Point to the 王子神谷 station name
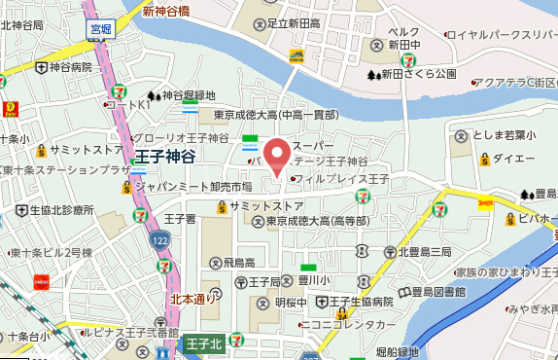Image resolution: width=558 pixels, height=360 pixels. coord(166,157)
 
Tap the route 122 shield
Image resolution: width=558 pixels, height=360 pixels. coord(157,239)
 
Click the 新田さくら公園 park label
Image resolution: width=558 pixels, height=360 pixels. coord(418,74)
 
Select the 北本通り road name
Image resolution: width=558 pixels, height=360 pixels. coord(193,299)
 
